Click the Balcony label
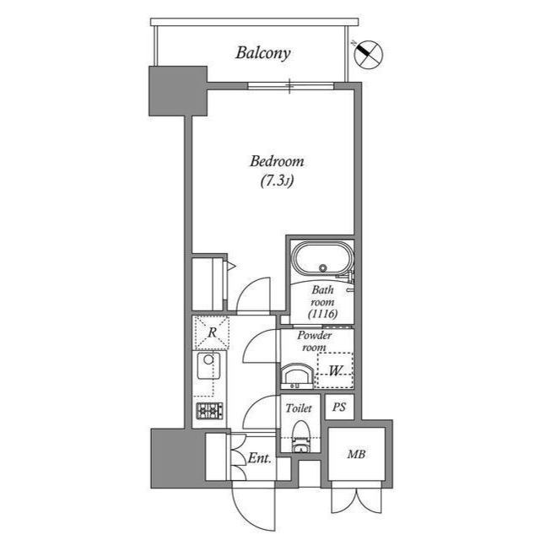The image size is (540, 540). coord(263,53)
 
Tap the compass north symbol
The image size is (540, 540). coord(369,54)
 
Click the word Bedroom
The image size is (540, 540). coord(277,161)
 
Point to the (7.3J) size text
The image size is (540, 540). coord(277,181)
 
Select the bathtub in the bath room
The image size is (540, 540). coord(322,259)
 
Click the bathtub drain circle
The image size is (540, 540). coord(322,267)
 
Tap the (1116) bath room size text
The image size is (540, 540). coord(322,314)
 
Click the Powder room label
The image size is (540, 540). coord(315,341)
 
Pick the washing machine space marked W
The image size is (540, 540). coord(335,371)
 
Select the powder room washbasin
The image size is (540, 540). coord(297,376)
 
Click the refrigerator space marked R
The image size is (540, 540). coord(212,332)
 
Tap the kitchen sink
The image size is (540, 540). coord(208,365)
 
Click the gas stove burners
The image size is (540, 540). coord(209,411)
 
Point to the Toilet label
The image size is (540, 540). coord(299,408)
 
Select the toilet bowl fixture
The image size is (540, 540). coord(301,436)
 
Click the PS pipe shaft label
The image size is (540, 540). coord(339,408)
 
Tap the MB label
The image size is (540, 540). coord(356,454)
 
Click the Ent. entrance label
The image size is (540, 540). coord(259,458)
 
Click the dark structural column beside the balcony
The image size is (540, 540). coord(178,91)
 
